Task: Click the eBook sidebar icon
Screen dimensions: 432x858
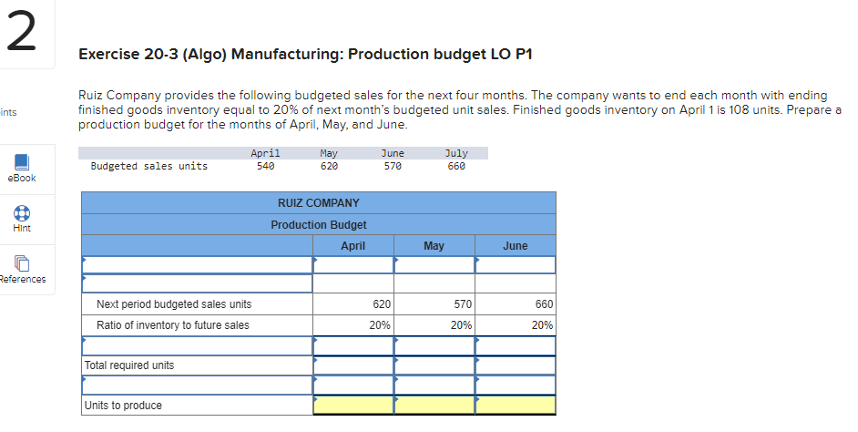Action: (24, 164)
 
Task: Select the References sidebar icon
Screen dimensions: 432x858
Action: (24, 265)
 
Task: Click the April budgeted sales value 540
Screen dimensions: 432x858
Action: (265, 166)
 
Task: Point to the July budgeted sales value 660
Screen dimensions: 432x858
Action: (455, 166)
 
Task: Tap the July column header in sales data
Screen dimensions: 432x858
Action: (455, 153)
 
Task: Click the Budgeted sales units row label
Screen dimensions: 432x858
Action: (148, 166)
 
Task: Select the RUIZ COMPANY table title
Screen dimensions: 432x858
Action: (318, 202)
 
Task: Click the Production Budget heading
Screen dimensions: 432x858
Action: (318, 224)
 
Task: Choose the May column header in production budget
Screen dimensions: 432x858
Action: (434, 246)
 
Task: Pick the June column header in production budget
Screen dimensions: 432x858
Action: (515, 246)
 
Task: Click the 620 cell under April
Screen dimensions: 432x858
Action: (382, 304)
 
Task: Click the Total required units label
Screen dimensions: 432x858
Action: (128, 365)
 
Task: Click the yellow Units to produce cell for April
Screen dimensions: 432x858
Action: (352, 406)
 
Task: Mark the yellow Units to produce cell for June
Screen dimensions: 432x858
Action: (515, 406)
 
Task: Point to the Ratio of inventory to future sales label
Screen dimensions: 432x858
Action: (172, 325)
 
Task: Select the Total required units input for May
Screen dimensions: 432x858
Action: (434, 365)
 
